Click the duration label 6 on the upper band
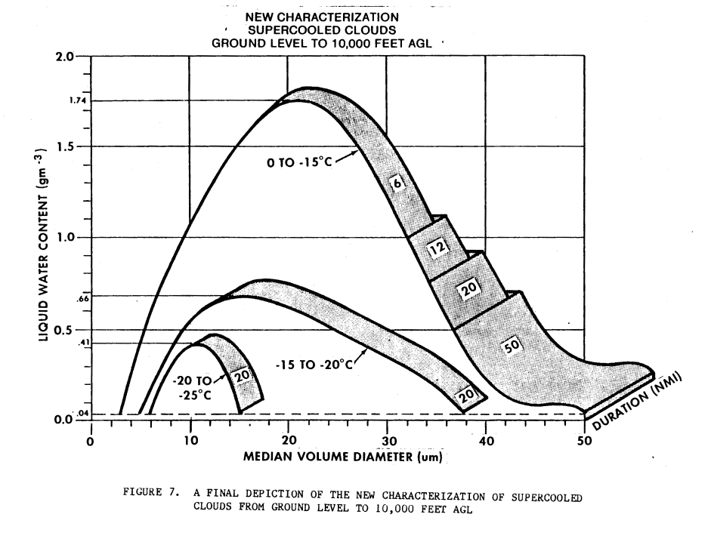[x=397, y=183]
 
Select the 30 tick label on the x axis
[x=386, y=443]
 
